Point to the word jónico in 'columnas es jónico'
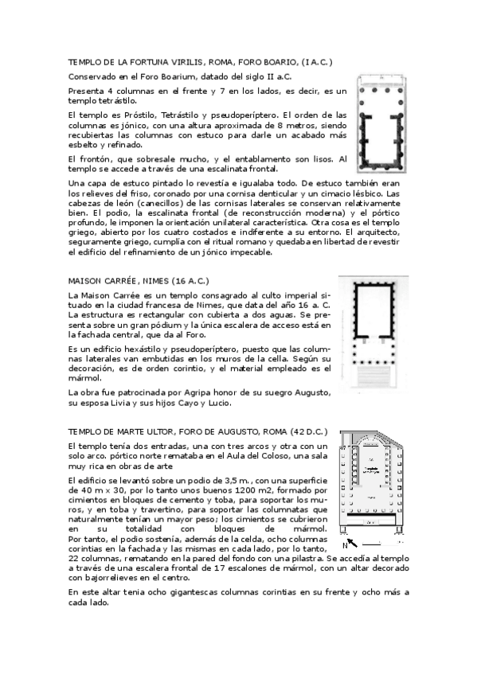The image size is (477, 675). click(x=134, y=125)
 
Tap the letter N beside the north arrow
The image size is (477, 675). click(x=344, y=545)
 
